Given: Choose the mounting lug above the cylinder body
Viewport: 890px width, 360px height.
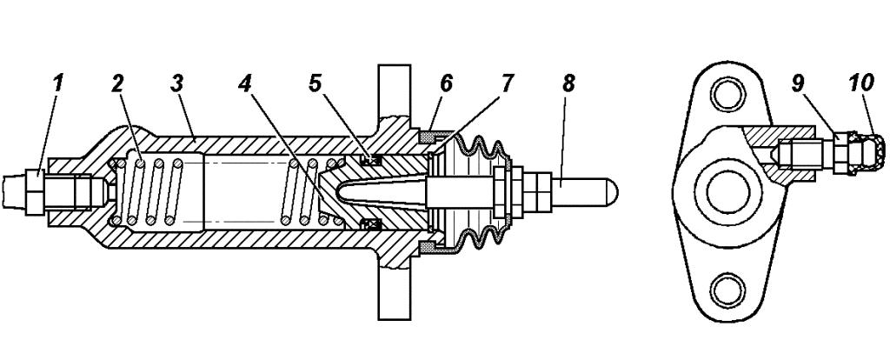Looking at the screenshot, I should click(392, 91).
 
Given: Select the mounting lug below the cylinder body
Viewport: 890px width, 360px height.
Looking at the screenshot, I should click(392, 291).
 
